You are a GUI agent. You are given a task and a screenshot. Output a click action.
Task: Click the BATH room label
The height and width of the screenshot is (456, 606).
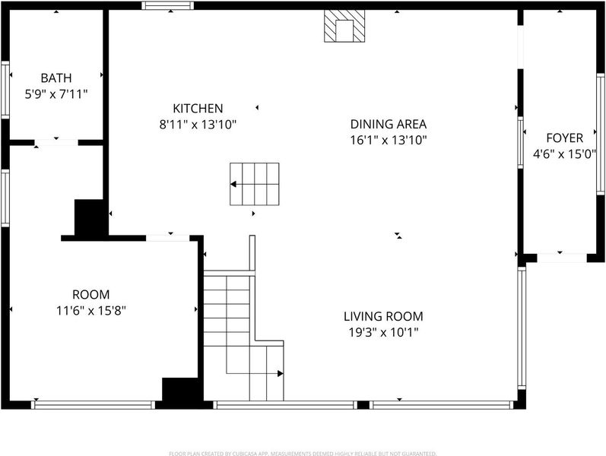pyautogui.click(x=56, y=78)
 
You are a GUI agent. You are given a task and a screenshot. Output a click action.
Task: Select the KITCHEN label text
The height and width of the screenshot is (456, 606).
pyautogui.click(x=198, y=108)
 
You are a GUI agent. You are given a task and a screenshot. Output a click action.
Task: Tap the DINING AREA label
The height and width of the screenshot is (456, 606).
pyautogui.click(x=389, y=124)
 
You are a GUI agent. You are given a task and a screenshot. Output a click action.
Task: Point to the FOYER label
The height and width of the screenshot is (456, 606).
pyautogui.click(x=564, y=138)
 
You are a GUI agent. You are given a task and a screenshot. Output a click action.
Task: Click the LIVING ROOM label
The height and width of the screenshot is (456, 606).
pyautogui.click(x=383, y=316)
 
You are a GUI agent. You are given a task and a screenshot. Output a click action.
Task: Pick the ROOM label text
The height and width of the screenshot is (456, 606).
pyautogui.click(x=90, y=294)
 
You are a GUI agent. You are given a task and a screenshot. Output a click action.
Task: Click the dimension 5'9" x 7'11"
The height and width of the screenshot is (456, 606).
pyautogui.click(x=56, y=94)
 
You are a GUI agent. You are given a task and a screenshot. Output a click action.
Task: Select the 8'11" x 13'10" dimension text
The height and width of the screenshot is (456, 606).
pyautogui.click(x=198, y=125)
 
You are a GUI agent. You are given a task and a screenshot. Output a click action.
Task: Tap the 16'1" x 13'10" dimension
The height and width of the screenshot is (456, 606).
pyautogui.click(x=389, y=140)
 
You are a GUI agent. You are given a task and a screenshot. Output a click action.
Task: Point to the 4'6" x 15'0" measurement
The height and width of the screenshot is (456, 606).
pyautogui.click(x=564, y=154)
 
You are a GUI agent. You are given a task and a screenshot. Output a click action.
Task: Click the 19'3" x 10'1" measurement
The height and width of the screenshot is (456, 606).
pyautogui.click(x=383, y=332)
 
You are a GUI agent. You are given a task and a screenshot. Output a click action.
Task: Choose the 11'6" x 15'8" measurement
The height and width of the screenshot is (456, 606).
pyautogui.click(x=90, y=310)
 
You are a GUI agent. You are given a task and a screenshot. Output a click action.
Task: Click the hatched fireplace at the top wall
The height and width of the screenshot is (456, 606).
pyautogui.click(x=344, y=26)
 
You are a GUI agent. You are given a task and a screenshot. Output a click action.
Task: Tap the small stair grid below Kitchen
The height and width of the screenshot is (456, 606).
pyautogui.click(x=255, y=184)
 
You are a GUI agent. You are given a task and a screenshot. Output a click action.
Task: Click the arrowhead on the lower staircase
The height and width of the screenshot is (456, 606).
pyautogui.click(x=281, y=373)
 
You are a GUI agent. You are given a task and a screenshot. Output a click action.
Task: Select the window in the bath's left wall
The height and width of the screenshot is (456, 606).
pyautogui.click(x=5, y=90)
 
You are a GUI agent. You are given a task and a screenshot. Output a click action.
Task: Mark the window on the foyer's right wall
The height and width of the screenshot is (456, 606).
pyautogui.click(x=600, y=134)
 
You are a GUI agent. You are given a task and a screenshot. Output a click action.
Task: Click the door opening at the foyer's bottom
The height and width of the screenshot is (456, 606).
pyautogui.click(x=562, y=258)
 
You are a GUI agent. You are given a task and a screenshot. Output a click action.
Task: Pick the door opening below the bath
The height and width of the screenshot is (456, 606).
pyautogui.click(x=56, y=143)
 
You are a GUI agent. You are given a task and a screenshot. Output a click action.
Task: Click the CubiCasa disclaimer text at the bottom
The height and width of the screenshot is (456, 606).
pyautogui.click(x=303, y=453)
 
